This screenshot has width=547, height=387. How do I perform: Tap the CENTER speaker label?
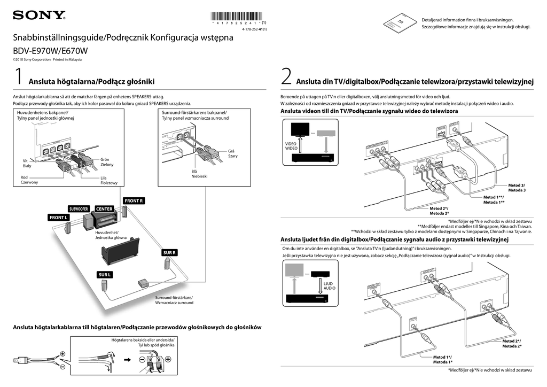105,208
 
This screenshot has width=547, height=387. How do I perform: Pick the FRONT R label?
134,200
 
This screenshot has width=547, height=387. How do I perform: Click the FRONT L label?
58,218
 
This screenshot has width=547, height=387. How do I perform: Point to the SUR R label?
169,252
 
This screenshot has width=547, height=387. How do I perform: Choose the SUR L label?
105,275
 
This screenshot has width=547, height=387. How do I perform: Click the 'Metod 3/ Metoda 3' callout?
517,188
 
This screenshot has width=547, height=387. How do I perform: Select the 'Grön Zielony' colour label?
107,162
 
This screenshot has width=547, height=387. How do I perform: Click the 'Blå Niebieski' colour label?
199,174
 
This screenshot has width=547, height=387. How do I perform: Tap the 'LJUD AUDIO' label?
330,285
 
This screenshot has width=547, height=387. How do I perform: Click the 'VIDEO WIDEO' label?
291,145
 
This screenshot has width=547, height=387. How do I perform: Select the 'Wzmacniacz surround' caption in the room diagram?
174,303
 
